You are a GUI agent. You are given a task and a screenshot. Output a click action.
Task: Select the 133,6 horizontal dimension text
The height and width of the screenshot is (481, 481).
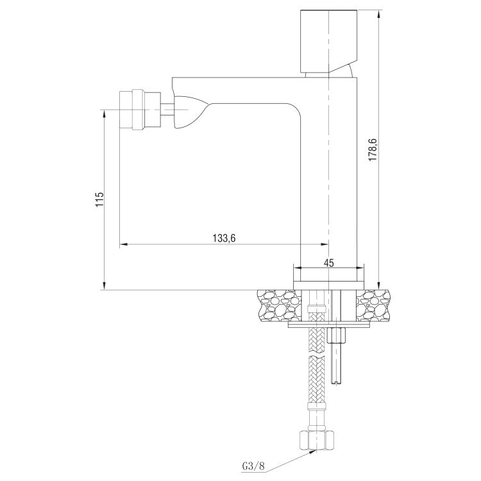pos(224,238)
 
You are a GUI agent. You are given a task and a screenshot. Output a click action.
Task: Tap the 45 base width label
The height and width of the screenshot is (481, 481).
pos(329,262)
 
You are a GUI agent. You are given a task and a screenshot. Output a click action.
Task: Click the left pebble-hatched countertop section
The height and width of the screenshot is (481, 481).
pos(276,305)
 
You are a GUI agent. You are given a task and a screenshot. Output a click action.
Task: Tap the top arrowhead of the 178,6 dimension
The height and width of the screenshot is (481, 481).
pos(379,12)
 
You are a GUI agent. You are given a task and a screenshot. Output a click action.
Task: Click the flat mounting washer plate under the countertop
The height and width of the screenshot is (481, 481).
pos(330,325)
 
